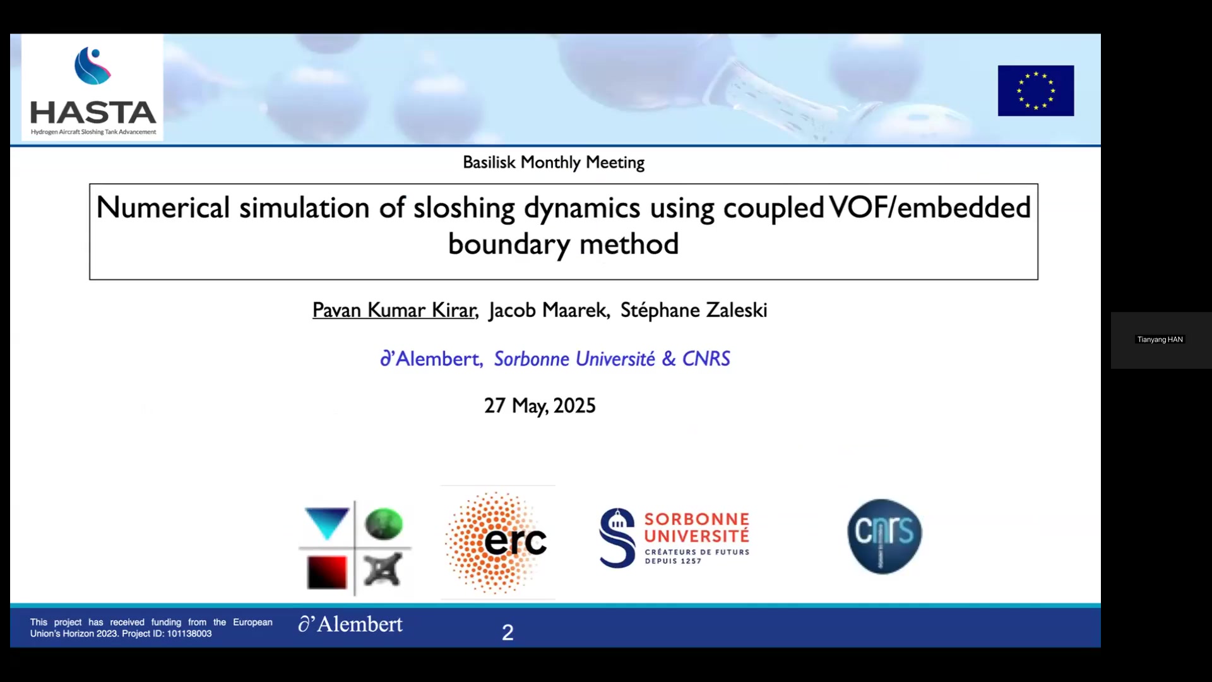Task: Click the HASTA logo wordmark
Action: tap(93, 112)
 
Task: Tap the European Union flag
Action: tap(1035, 90)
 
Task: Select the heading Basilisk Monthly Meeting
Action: tap(554, 162)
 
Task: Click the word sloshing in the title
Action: tap(464, 208)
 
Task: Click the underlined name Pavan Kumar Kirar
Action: tap(395, 310)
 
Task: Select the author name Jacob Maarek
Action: tap(549, 310)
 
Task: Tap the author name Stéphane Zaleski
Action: tap(694, 310)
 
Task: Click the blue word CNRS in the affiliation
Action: tap(706, 359)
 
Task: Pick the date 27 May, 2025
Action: tap(540, 405)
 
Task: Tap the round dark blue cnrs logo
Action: tap(884, 536)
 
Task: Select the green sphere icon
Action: tap(383, 523)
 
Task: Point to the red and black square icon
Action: tap(327, 572)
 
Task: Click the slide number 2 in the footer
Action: tap(508, 632)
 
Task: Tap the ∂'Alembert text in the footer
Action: tap(350, 624)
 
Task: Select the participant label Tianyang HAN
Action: tap(1160, 340)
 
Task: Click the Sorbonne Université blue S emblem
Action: tap(617, 537)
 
